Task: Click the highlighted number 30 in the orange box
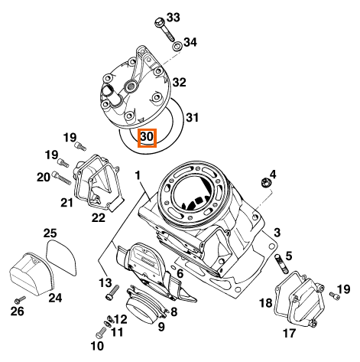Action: [x=147, y=137]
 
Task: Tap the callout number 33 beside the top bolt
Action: [x=174, y=18]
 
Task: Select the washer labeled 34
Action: [x=177, y=47]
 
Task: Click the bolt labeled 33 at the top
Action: [x=164, y=30]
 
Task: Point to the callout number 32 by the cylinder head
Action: [x=180, y=83]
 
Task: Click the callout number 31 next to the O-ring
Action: [x=192, y=118]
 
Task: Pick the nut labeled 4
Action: [x=266, y=182]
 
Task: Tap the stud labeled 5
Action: [x=281, y=263]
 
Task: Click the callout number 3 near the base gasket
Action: [x=277, y=233]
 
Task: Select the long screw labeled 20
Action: [x=61, y=178]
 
